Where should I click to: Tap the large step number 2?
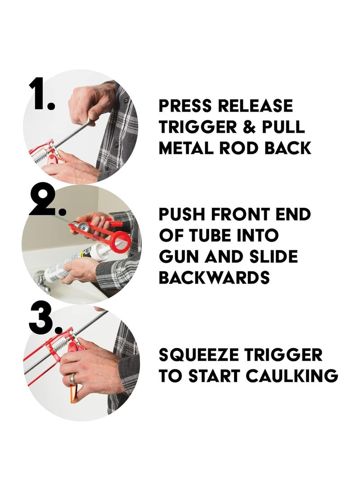point(47,201)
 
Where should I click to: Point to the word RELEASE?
point(255,105)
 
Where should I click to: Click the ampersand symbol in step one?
point(249,127)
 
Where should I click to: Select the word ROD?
point(239,148)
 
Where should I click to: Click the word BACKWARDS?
point(214,277)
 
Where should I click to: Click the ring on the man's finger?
point(72,378)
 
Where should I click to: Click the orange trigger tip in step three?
point(74,394)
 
